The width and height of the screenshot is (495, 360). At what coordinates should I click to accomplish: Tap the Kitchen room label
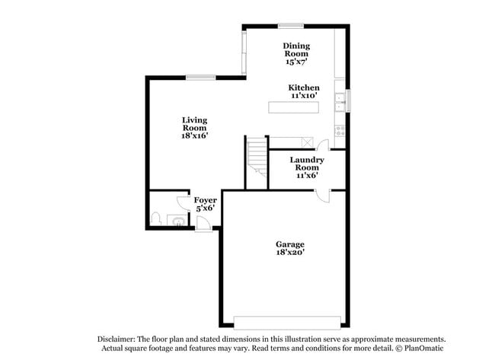[x=304, y=88]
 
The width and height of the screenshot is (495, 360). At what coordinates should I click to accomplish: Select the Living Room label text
[x=194, y=123]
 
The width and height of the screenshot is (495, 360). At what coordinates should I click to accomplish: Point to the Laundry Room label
[x=307, y=163]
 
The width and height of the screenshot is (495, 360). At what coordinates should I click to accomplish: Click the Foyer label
[x=205, y=200]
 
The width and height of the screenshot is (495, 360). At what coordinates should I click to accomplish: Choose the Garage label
[x=289, y=244]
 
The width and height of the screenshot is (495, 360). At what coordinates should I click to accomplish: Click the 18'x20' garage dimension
[x=289, y=253]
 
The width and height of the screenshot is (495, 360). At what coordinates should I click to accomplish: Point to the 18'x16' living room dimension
[x=194, y=135]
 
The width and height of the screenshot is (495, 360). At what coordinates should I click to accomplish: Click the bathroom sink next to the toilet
[x=176, y=221]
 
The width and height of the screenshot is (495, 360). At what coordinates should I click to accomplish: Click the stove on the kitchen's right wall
[x=340, y=129]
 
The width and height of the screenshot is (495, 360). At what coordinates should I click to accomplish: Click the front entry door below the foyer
[x=204, y=223]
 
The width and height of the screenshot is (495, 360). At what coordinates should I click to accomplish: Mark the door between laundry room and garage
[x=324, y=194]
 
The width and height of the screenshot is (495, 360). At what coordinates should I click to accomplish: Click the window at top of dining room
[x=290, y=26]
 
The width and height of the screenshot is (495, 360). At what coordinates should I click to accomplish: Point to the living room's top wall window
[x=200, y=76]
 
